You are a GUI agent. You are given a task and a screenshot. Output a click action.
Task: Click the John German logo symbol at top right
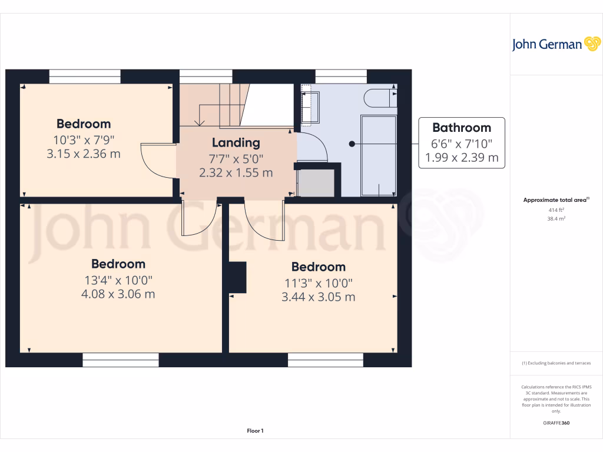click(591, 44)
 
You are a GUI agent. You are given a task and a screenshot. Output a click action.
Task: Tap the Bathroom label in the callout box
click(461, 128)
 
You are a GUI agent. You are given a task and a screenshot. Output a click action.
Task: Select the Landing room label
click(236, 142)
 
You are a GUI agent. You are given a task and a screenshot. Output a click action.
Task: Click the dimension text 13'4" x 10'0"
click(118, 280)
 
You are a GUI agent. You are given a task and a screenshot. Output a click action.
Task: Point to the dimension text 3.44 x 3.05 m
click(318, 297)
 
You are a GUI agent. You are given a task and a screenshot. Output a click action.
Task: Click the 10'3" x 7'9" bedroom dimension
click(83, 140)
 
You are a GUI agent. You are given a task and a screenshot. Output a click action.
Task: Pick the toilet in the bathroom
click(380, 98)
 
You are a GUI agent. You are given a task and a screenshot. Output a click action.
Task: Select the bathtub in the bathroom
click(378, 155)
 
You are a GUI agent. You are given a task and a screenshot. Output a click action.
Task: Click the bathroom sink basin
click(310, 107)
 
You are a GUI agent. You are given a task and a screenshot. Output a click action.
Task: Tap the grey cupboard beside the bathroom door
click(317, 182)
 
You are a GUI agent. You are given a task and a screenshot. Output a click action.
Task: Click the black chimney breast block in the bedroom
click(237, 277)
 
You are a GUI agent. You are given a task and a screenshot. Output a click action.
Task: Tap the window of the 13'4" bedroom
click(121, 360)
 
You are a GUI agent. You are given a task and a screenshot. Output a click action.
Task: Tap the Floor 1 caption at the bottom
click(255, 431)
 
